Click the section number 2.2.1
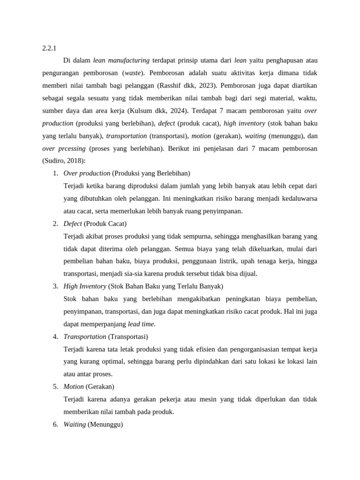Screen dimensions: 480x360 click(x=49, y=47)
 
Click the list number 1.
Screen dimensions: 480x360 click(x=55, y=173)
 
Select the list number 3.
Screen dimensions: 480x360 click(x=55, y=286)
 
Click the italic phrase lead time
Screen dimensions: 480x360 click(x=141, y=324)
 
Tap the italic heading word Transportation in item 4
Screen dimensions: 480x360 click(x=85, y=337)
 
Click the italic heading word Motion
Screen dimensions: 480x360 click(x=74, y=387)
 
